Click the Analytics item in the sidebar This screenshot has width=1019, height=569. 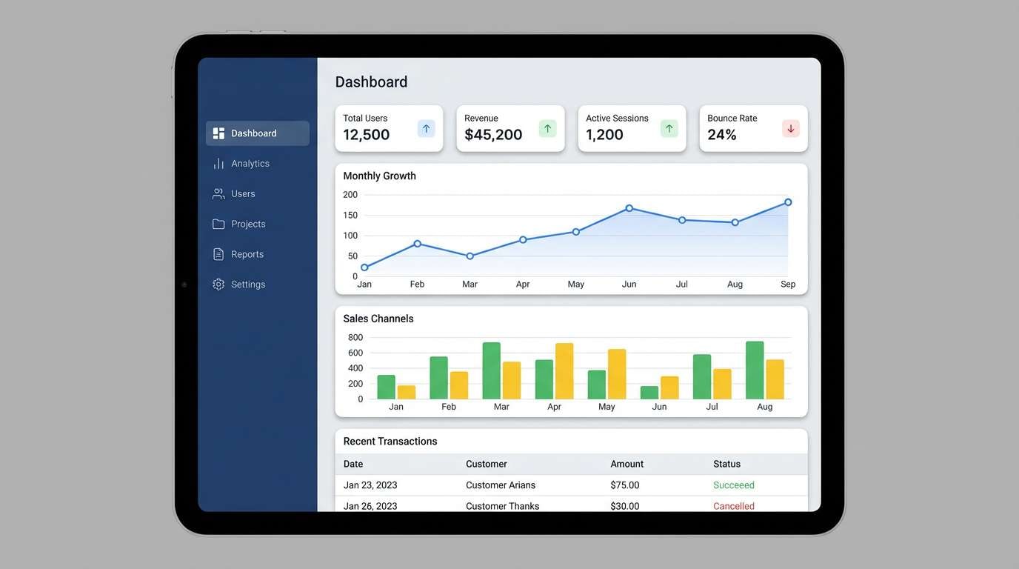click(x=250, y=164)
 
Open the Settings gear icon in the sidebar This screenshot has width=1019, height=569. click(x=218, y=284)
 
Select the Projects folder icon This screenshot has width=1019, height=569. click(x=218, y=224)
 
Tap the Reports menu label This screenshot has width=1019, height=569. click(x=247, y=254)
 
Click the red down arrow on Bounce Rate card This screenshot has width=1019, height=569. click(x=790, y=129)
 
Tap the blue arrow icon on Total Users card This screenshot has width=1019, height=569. click(x=426, y=129)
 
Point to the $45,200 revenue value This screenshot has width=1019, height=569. click(x=493, y=135)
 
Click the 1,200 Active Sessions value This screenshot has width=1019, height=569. click(x=604, y=135)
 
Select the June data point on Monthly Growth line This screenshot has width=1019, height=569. click(x=629, y=208)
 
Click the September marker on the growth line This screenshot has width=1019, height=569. click(x=788, y=202)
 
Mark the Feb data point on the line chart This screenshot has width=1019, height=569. click(x=417, y=244)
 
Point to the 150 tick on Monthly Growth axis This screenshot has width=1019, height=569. click(x=350, y=216)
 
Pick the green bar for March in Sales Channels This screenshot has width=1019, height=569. click(x=491, y=370)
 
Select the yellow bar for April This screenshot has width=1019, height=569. click(x=564, y=371)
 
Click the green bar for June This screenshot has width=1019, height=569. click(x=649, y=393)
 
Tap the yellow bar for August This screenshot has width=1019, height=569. click(x=775, y=379)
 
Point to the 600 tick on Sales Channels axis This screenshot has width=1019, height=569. click(x=355, y=353)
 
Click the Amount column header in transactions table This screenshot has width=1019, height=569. click(x=627, y=465)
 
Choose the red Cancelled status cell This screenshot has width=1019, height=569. click(x=733, y=506)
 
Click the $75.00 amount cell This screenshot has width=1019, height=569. click(x=624, y=485)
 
